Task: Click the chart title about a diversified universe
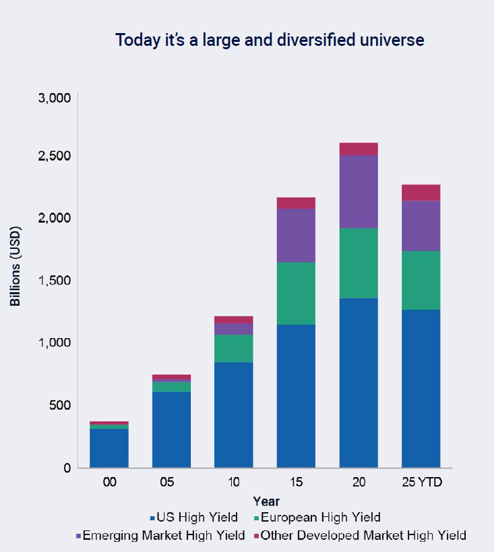[x=270, y=40]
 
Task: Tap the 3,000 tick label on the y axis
[x=55, y=98]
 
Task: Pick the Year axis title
[x=266, y=501]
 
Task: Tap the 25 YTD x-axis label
[x=421, y=484]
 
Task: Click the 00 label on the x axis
[x=109, y=484]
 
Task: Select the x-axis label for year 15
[x=296, y=484]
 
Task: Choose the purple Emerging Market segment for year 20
[x=359, y=192]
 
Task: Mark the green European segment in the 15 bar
[x=296, y=293]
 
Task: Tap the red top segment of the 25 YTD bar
[x=421, y=192]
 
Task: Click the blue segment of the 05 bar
[x=171, y=429]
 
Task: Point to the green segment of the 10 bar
[x=233, y=348]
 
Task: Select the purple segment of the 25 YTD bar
[x=421, y=225]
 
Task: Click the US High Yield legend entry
[x=193, y=518]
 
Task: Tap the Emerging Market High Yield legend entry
[x=160, y=536]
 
